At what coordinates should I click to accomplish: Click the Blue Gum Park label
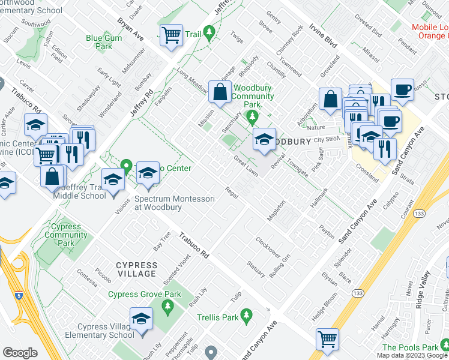point(99,42)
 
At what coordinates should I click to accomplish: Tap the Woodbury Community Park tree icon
point(253,115)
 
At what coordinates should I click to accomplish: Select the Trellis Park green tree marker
point(246,314)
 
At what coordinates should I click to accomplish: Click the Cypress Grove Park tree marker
point(167,307)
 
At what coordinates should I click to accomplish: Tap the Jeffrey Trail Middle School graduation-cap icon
point(112,179)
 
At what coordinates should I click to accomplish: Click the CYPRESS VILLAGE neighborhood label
point(129,269)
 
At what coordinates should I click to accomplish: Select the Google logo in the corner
point(20,353)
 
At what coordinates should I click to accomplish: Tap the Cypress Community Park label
point(67,235)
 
